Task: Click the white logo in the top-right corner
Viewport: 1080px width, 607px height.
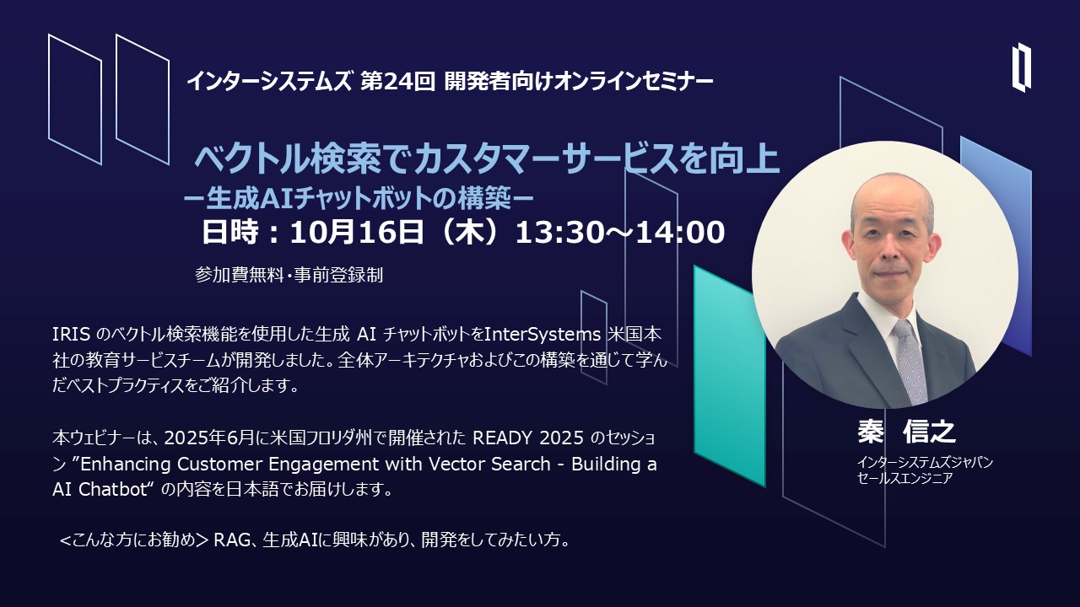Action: (x=1021, y=73)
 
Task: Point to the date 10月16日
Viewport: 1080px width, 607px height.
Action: (x=357, y=232)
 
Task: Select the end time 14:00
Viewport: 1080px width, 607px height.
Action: (x=680, y=232)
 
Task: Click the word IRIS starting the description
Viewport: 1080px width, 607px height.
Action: (x=71, y=335)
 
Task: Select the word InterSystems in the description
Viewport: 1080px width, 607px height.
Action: (x=543, y=335)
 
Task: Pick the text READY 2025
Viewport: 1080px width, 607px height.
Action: (x=528, y=438)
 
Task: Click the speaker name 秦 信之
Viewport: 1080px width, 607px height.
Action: (x=906, y=432)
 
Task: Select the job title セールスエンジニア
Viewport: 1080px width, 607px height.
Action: (x=905, y=478)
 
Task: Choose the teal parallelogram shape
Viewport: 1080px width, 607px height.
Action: (x=730, y=376)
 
